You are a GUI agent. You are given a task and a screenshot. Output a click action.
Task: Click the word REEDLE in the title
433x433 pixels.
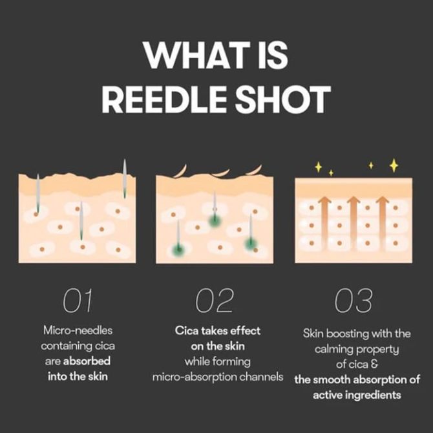pyautogui.click(x=165, y=99)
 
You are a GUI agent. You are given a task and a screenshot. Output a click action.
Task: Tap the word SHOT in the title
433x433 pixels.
pyautogui.click(x=283, y=99)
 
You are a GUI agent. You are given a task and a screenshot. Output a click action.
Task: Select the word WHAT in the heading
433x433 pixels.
pyautogui.click(x=196, y=55)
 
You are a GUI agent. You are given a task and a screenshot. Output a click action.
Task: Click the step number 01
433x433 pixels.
pyautogui.click(x=78, y=301)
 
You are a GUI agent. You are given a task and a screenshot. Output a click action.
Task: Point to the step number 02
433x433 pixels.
pyautogui.click(x=215, y=301)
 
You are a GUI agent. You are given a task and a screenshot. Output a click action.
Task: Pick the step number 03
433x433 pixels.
pyautogui.click(x=354, y=301)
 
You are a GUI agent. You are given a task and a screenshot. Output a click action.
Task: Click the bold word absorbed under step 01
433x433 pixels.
pyautogui.click(x=87, y=361)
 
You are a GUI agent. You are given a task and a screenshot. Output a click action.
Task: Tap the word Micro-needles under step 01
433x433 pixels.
pyautogui.click(x=78, y=330)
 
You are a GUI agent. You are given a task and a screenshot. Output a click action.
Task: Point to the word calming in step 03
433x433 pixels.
pyautogui.click(x=333, y=350)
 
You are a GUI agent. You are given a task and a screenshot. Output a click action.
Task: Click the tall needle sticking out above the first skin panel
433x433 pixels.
pyautogui.click(x=125, y=178)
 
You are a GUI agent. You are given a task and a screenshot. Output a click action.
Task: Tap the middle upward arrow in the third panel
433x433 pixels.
pyautogui.click(x=354, y=223)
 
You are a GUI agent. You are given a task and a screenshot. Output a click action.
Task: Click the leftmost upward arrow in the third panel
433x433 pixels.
pyautogui.click(x=325, y=223)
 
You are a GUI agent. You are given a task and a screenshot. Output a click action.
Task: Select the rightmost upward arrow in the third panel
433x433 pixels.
pyautogui.click(x=383, y=223)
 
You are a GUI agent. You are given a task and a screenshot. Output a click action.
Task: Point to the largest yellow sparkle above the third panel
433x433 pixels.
pyautogui.click(x=394, y=165)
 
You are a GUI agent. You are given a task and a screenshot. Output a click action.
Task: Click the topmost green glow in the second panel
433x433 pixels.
pyautogui.click(x=215, y=220)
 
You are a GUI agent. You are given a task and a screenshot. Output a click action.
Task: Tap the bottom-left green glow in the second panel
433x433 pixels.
pyautogui.click(x=178, y=249)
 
